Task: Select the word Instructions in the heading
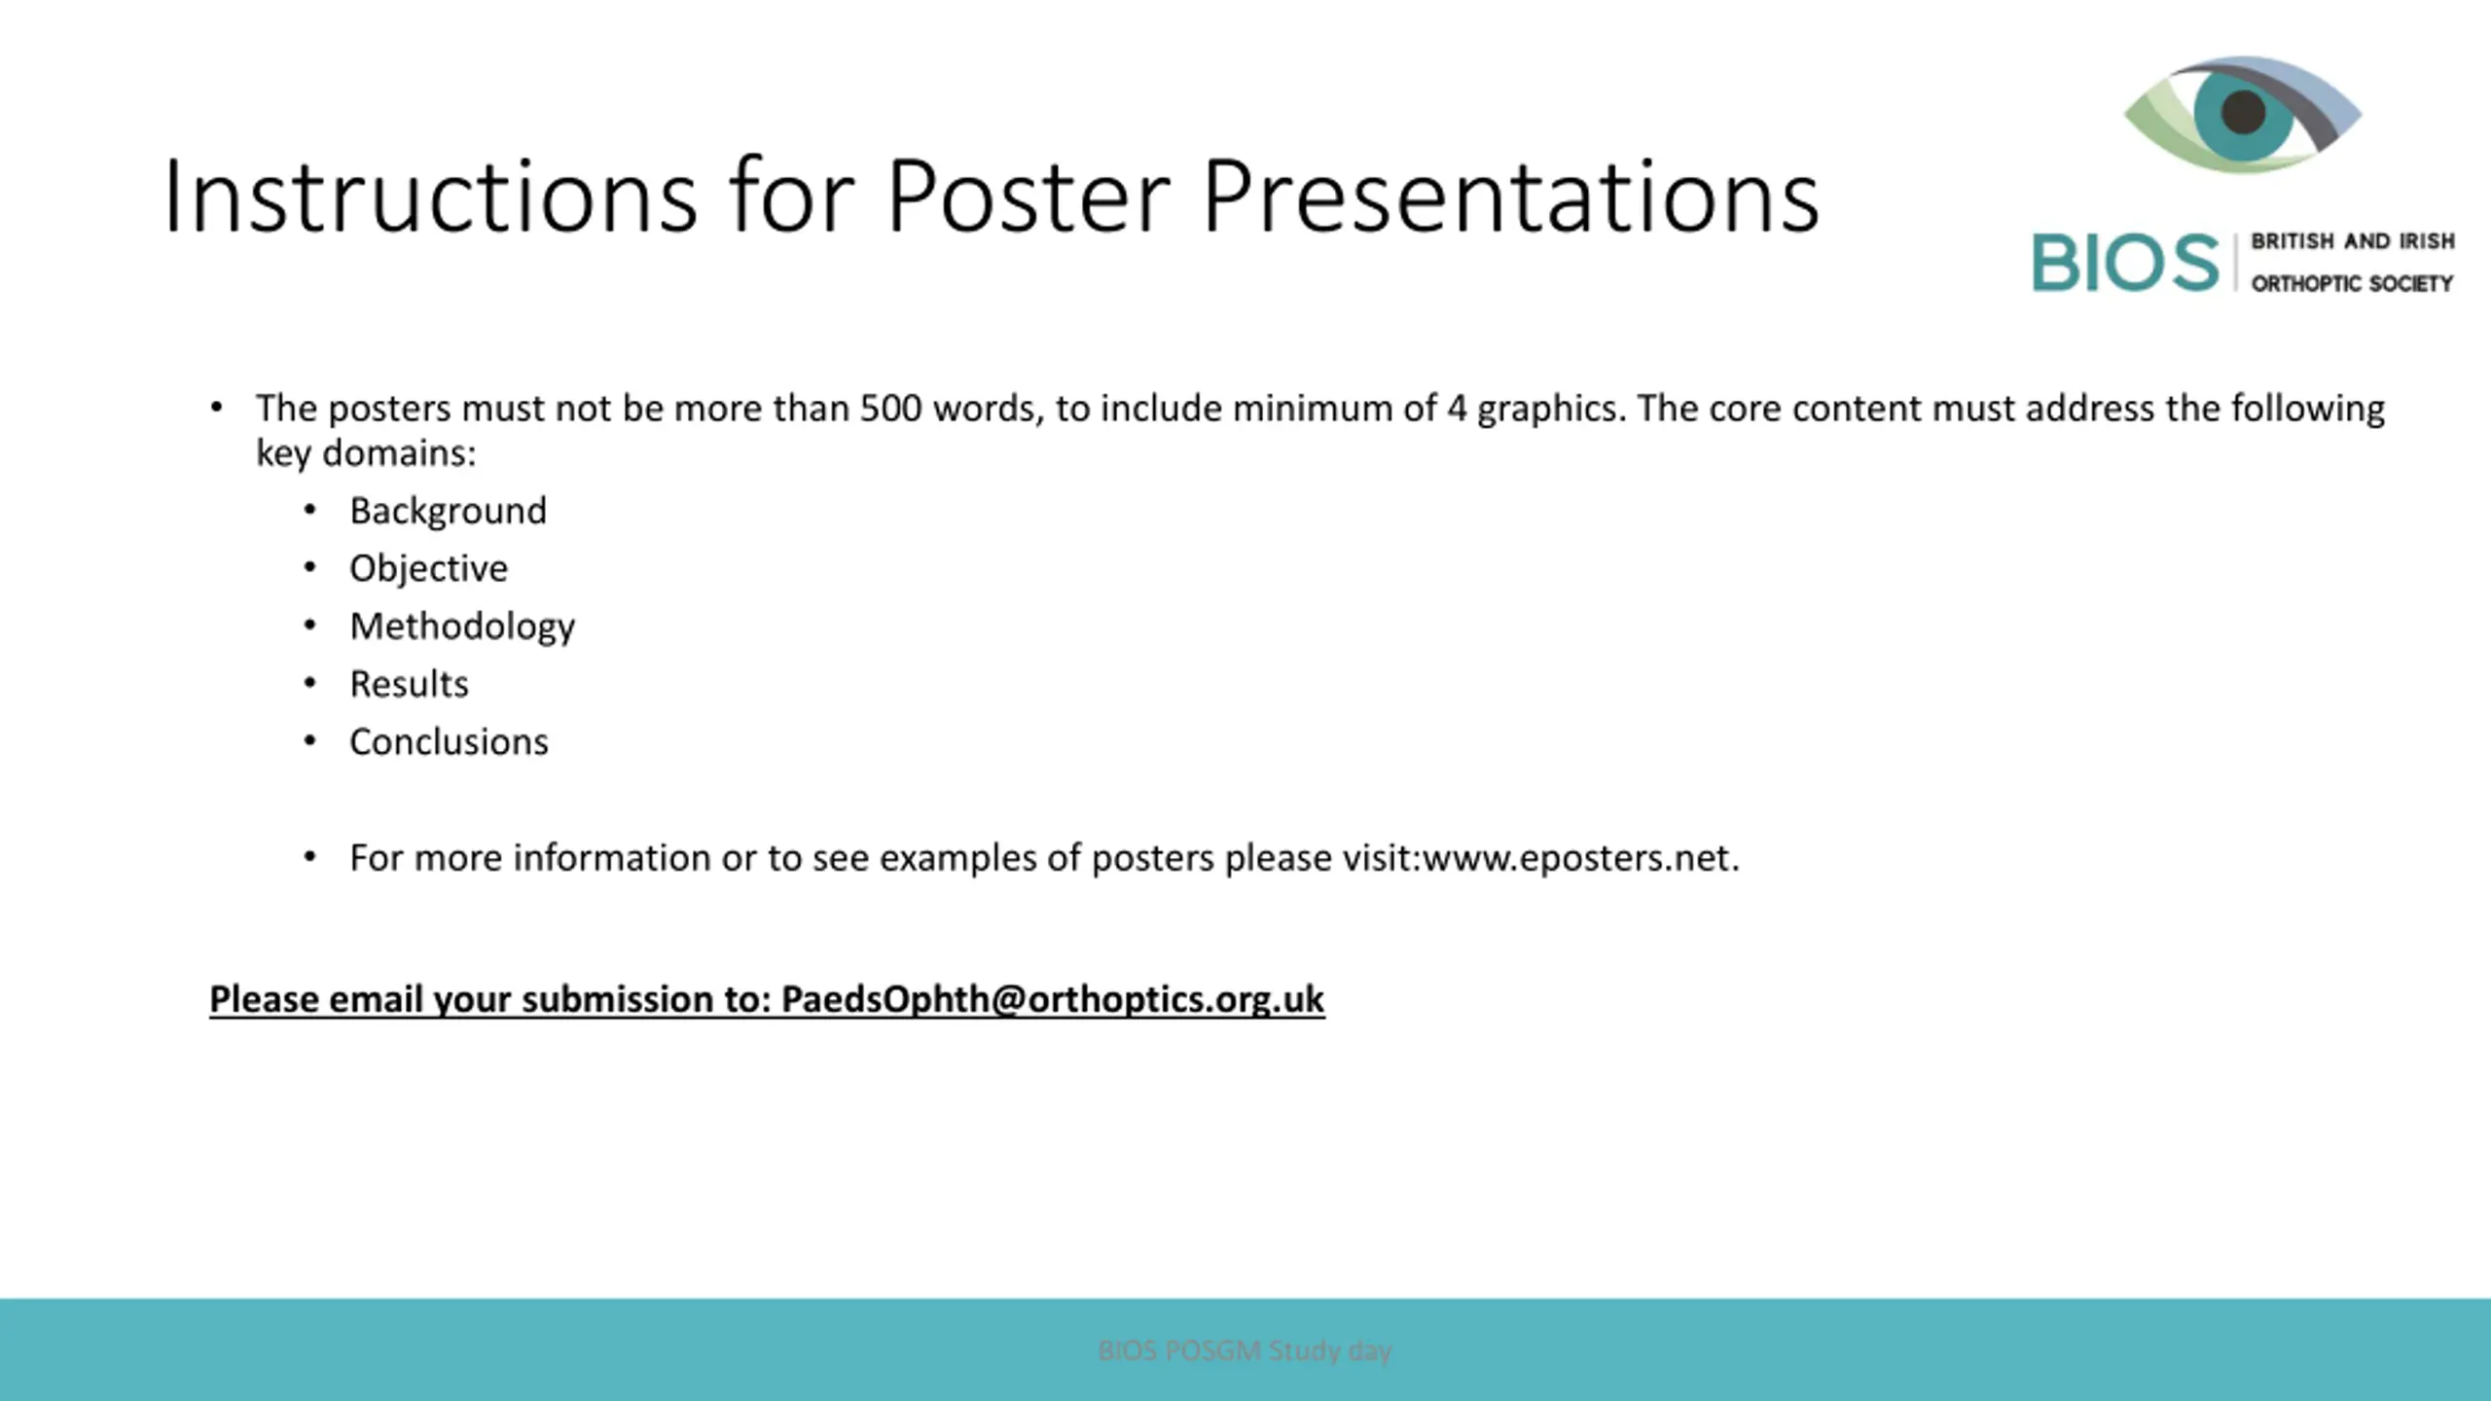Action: pyautogui.click(x=430, y=197)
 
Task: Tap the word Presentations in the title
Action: pyautogui.click(x=1511, y=197)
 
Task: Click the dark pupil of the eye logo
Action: pyautogui.click(x=2244, y=112)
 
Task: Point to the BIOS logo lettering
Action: pyautogui.click(x=2125, y=263)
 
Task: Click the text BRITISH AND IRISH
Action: pyautogui.click(x=2353, y=241)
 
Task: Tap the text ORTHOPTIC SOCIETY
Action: pyautogui.click(x=2352, y=284)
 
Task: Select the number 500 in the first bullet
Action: pyautogui.click(x=890, y=409)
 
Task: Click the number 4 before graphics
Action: pyautogui.click(x=1457, y=409)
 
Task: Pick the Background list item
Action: pyautogui.click(x=449, y=512)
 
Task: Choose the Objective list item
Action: pyautogui.click(x=429, y=569)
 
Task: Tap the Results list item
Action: pyautogui.click(x=410, y=684)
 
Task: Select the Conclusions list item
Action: pyautogui.click(x=450, y=742)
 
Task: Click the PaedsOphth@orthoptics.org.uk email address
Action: pyautogui.click(x=1053, y=1000)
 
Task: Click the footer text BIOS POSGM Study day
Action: pyautogui.click(x=1245, y=1350)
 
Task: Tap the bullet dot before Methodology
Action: pyautogui.click(x=309, y=626)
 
